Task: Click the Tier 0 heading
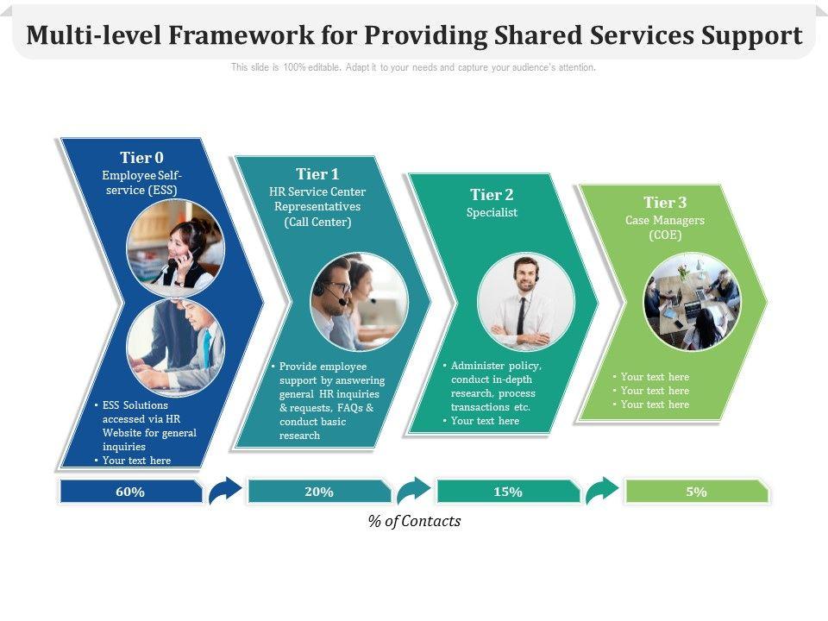pos(141,158)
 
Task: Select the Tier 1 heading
pos(317,174)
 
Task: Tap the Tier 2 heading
pos(492,195)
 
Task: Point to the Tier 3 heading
pos(665,203)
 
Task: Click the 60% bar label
pos(129,492)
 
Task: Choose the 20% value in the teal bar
pos(318,492)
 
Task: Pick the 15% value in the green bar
pos(508,492)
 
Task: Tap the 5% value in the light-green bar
pos(697,492)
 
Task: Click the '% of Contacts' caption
pos(414,521)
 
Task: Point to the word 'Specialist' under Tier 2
pos(492,212)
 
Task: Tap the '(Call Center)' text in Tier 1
pos(317,223)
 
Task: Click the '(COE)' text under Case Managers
pos(665,235)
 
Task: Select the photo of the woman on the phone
pos(175,249)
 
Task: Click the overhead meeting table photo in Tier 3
pos(692,301)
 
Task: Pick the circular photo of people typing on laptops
pos(175,348)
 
